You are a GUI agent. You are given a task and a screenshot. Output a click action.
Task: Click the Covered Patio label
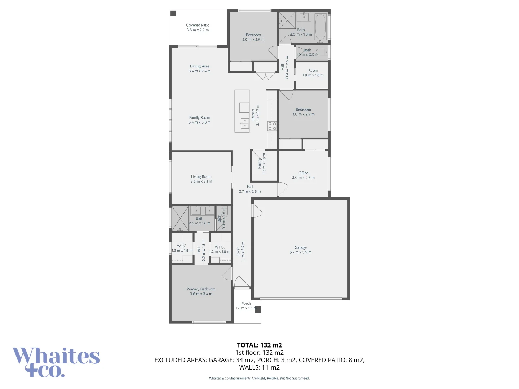198,25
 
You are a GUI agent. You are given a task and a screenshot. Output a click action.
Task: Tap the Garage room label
301,247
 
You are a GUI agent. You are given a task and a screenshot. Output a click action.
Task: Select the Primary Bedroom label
201,289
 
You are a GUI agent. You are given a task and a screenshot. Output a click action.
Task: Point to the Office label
303,173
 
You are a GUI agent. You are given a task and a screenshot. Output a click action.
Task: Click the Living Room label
201,177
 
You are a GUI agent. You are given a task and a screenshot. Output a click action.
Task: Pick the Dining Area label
200,66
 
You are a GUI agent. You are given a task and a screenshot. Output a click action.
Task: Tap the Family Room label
200,117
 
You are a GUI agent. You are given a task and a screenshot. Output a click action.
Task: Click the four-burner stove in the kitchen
272,126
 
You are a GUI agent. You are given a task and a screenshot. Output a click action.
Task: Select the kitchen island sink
245,123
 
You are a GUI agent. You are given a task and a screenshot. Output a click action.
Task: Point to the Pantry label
259,163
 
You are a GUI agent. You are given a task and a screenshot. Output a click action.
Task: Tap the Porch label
246,304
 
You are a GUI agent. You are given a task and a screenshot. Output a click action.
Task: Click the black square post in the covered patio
173,14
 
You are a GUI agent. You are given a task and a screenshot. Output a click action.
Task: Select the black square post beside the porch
258,309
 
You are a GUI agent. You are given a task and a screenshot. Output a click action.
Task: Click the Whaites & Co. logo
56,362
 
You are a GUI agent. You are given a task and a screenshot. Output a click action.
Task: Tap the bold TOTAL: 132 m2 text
259,345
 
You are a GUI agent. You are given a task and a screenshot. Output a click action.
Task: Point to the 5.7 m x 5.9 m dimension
301,252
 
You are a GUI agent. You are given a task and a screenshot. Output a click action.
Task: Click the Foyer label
238,251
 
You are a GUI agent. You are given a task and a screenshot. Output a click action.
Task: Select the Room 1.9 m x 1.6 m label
313,71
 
